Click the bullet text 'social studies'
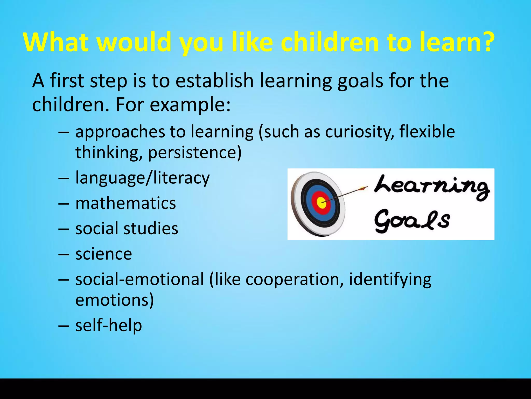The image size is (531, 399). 127,228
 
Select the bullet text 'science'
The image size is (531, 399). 104,254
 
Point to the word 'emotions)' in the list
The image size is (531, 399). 115,300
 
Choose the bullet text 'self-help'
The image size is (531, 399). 109,325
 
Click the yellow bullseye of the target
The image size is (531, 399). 321,203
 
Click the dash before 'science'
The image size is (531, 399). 64,254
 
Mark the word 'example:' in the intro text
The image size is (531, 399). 190,105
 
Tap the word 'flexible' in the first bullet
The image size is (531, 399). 427,131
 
